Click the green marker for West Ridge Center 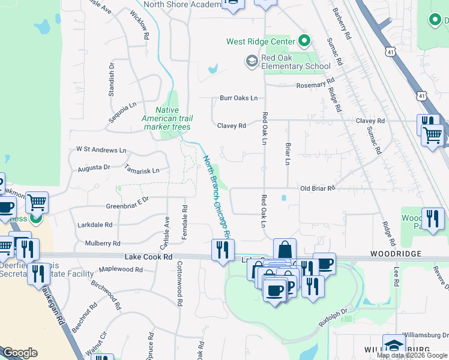(304, 41)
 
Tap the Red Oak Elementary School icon (251, 61)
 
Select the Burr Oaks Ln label (238, 98)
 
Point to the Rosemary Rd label (315, 85)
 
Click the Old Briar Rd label (317, 188)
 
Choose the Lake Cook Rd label (148, 257)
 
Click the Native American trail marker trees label (166, 118)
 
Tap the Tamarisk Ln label (143, 170)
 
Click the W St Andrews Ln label (101, 149)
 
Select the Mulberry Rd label (103, 243)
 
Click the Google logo (20, 353)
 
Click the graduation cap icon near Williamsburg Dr (394, 345)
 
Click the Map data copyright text (412, 355)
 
